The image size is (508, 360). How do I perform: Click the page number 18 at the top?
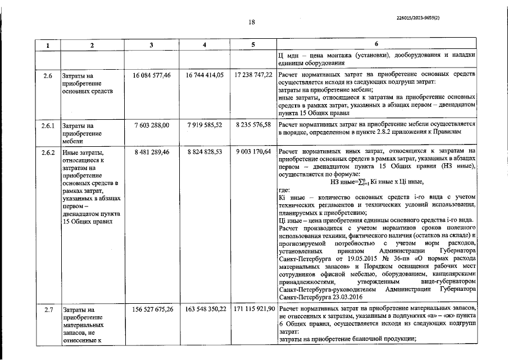point(252,22)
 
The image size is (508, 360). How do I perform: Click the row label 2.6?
point(48,75)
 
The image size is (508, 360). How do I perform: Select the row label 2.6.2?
point(48,152)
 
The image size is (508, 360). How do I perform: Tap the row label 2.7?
point(48,310)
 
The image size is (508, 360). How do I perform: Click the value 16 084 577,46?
point(151,75)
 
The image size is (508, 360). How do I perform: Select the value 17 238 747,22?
point(253,75)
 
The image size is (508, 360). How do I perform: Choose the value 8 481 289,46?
point(151,152)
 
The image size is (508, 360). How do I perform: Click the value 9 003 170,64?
point(253,152)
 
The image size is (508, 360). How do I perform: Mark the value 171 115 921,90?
point(253,310)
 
